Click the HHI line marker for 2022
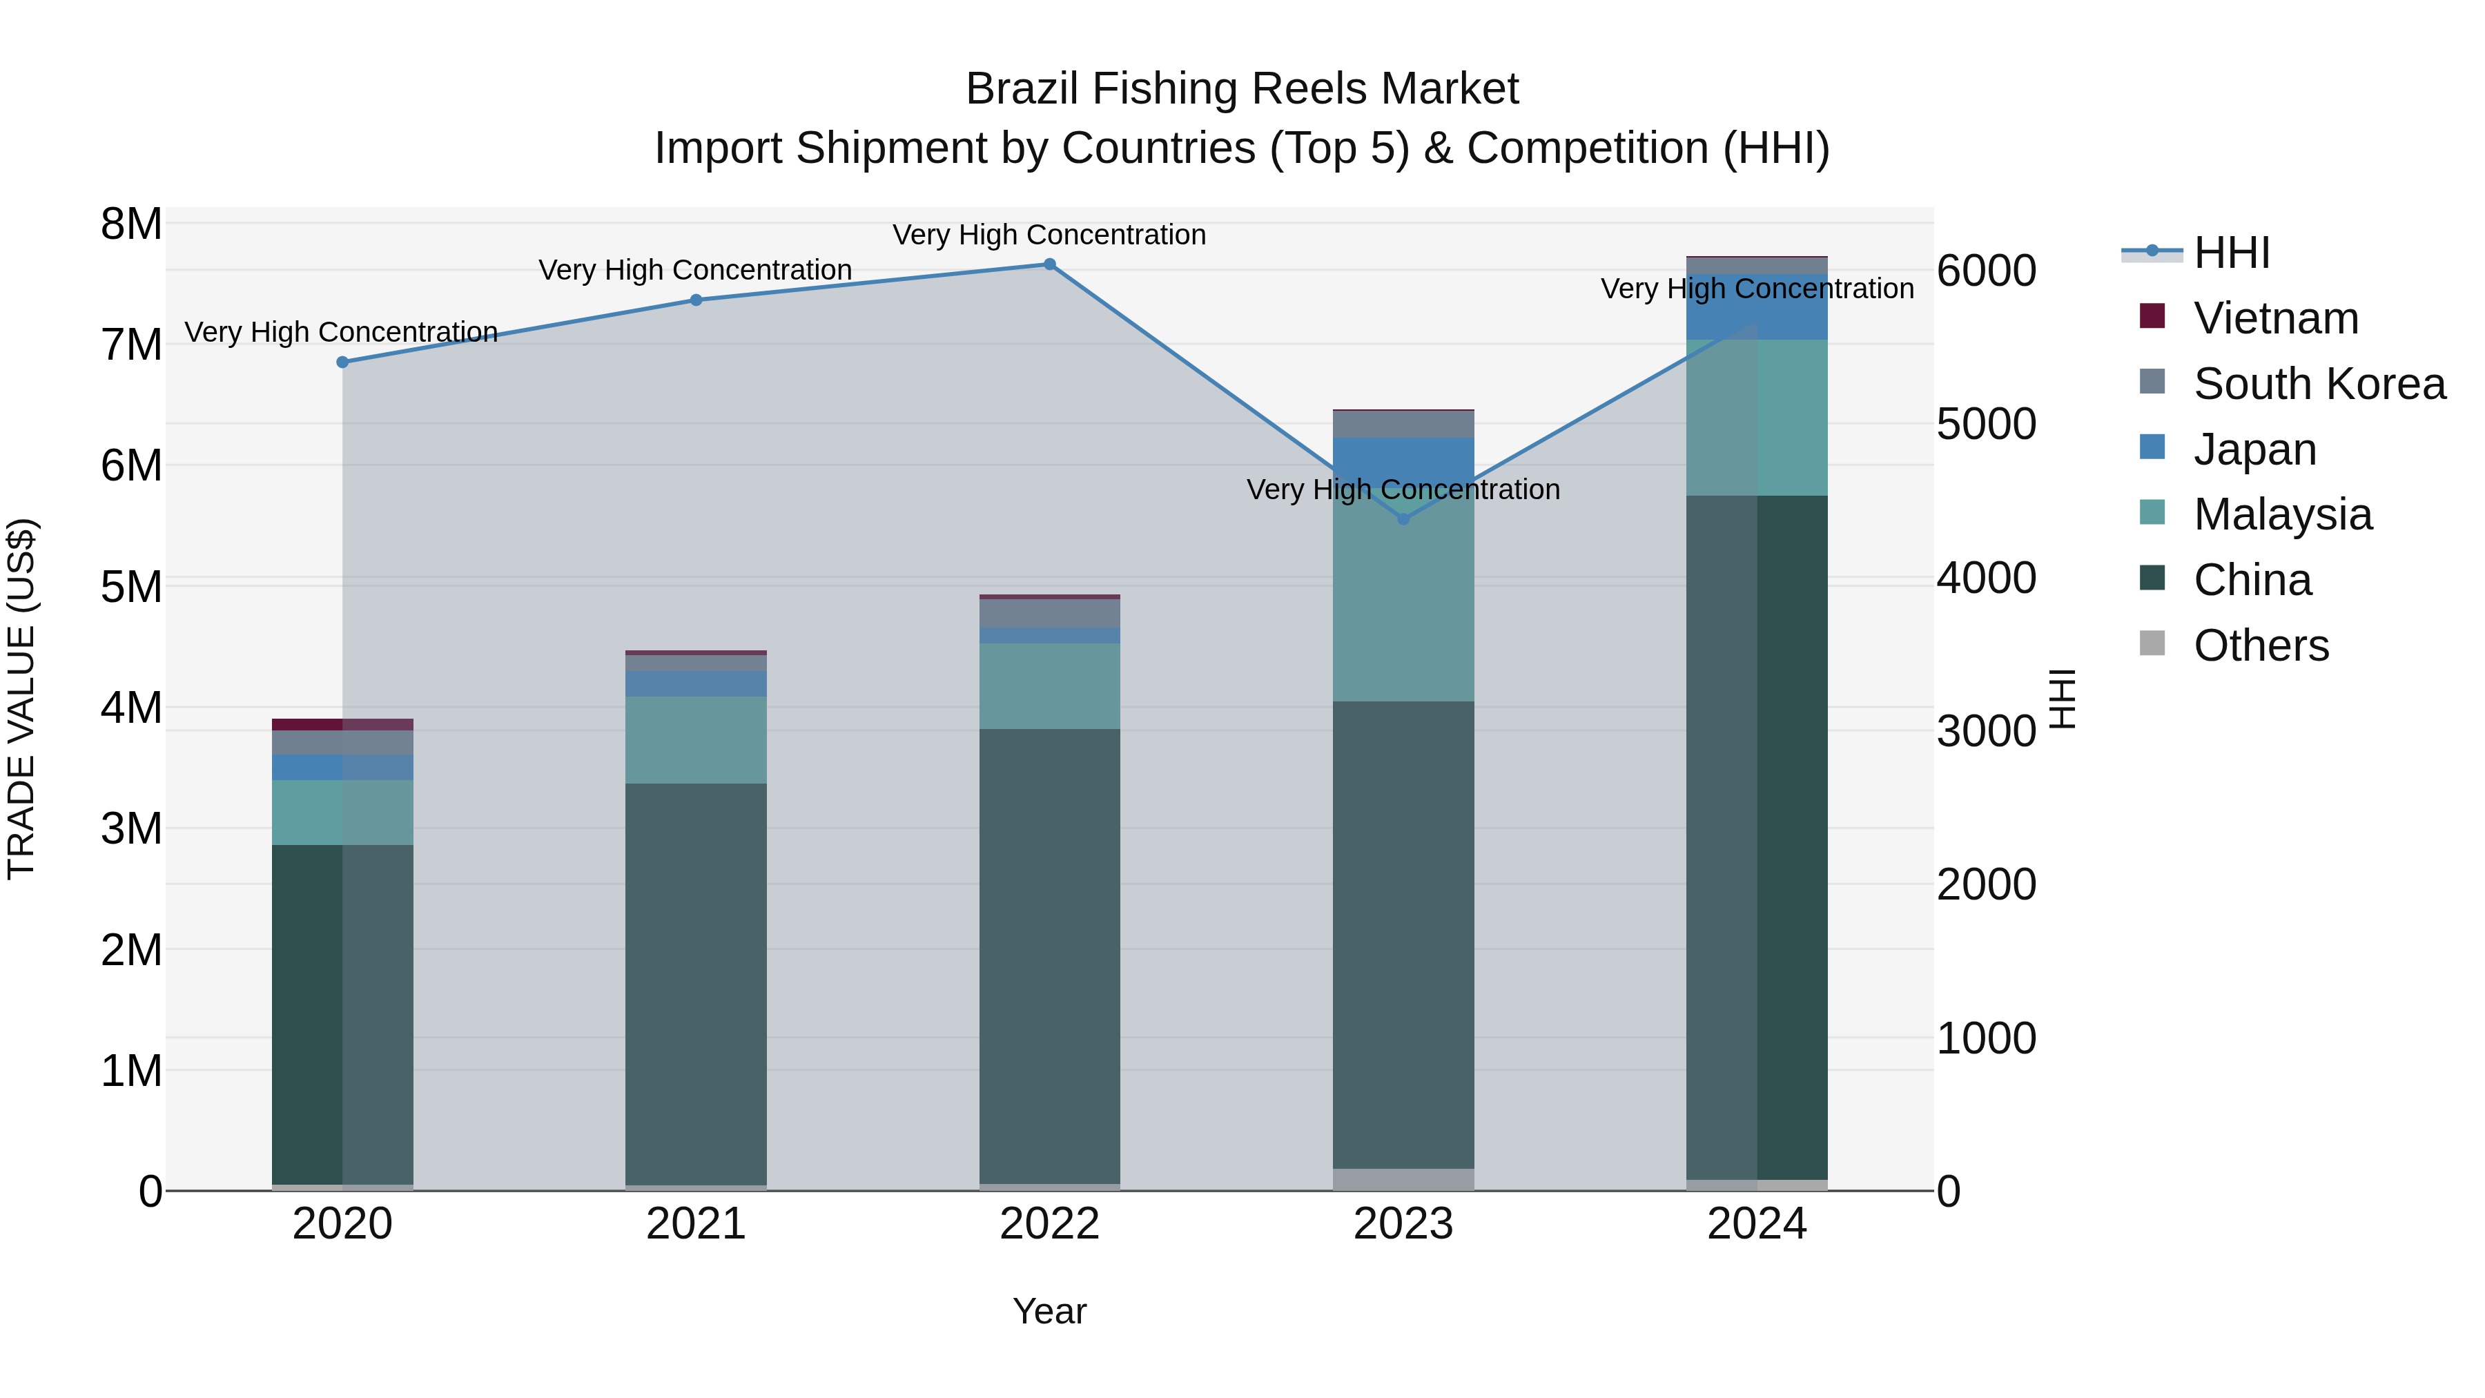tap(1049, 264)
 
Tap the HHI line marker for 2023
tap(1403, 519)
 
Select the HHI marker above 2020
tap(342, 362)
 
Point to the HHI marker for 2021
tap(696, 300)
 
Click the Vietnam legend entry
tap(2274, 318)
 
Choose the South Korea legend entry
tap(2318, 384)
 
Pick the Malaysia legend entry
tap(2281, 514)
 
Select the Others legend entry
tap(2260, 645)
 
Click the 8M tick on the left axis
tap(131, 224)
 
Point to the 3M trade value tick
tap(131, 828)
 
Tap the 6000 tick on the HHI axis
tap(1986, 271)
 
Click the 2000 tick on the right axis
tap(1986, 885)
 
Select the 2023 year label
tap(1403, 1224)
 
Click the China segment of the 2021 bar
tap(696, 984)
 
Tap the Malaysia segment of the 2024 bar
tap(1757, 418)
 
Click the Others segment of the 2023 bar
tap(1403, 1179)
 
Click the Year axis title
tap(1049, 1311)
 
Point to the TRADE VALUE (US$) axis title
tap(21, 699)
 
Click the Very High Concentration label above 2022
tap(1049, 235)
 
